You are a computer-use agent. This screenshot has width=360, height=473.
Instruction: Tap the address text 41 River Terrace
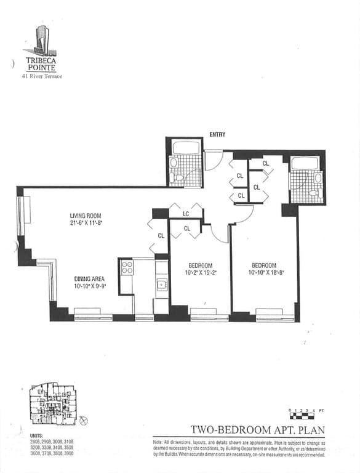[x=42, y=76]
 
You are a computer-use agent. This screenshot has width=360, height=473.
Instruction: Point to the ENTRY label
[x=217, y=134]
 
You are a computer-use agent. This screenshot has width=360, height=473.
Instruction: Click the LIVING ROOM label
[x=85, y=216]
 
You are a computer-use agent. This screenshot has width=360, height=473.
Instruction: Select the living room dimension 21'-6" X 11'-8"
[x=86, y=224]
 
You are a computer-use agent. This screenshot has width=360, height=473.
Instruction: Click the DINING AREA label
[x=89, y=278]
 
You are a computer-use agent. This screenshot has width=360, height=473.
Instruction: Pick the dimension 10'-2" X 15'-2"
[x=199, y=272]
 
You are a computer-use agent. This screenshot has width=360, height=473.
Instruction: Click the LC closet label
[x=186, y=214]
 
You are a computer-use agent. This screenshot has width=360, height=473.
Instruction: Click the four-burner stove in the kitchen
[x=127, y=268]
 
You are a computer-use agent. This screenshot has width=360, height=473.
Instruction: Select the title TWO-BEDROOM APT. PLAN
[x=257, y=429]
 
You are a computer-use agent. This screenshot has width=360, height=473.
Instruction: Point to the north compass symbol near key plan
[x=84, y=420]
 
